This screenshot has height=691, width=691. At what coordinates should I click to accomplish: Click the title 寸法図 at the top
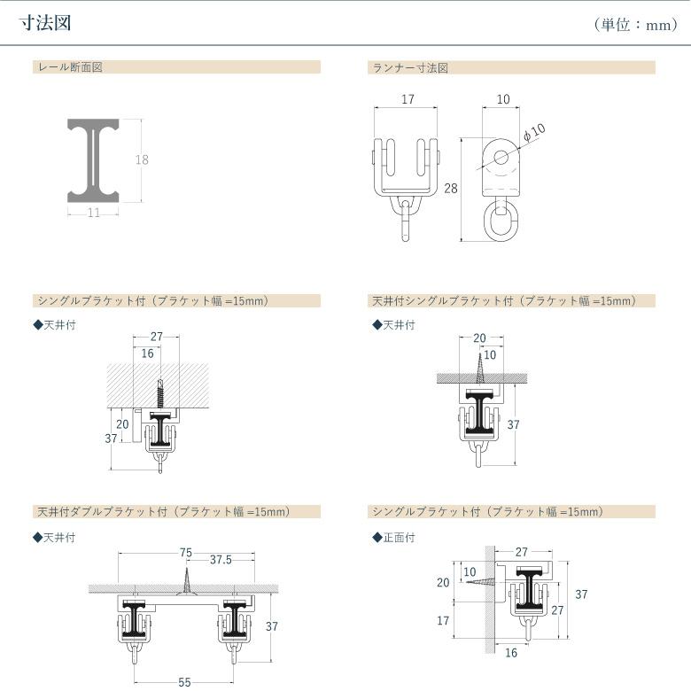(x=45, y=23)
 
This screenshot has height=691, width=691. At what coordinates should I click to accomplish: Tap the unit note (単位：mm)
(x=635, y=25)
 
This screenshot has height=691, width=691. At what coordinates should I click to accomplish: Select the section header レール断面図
(x=71, y=67)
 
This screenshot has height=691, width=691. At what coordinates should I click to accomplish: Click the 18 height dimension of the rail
(x=142, y=159)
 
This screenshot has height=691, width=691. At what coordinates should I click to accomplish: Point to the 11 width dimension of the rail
(x=94, y=213)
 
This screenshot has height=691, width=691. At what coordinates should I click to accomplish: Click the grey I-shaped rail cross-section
(x=93, y=160)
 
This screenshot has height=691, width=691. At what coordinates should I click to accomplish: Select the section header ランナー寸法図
(x=410, y=68)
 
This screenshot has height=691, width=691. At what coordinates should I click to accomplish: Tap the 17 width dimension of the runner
(x=408, y=99)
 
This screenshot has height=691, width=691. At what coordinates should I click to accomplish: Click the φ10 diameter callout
(x=534, y=132)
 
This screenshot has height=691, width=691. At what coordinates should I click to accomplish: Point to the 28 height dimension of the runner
(x=451, y=189)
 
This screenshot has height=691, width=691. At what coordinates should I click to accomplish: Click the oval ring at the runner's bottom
(x=501, y=222)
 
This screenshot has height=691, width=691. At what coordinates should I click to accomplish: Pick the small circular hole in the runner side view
(x=501, y=157)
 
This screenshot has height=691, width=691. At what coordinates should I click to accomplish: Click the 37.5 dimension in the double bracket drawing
(x=221, y=560)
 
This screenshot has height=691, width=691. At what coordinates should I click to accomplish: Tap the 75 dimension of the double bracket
(x=186, y=553)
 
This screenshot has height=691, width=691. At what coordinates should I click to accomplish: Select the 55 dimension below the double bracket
(x=184, y=682)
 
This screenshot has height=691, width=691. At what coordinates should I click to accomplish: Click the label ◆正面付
(x=393, y=538)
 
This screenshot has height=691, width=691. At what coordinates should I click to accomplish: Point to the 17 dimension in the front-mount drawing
(x=443, y=620)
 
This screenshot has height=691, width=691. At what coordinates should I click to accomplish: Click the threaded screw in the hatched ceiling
(x=160, y=393)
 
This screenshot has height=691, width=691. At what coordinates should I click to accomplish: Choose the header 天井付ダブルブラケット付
(x=102, y=512)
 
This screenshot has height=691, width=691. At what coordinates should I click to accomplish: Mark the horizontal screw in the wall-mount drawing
(x=481, y=582)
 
